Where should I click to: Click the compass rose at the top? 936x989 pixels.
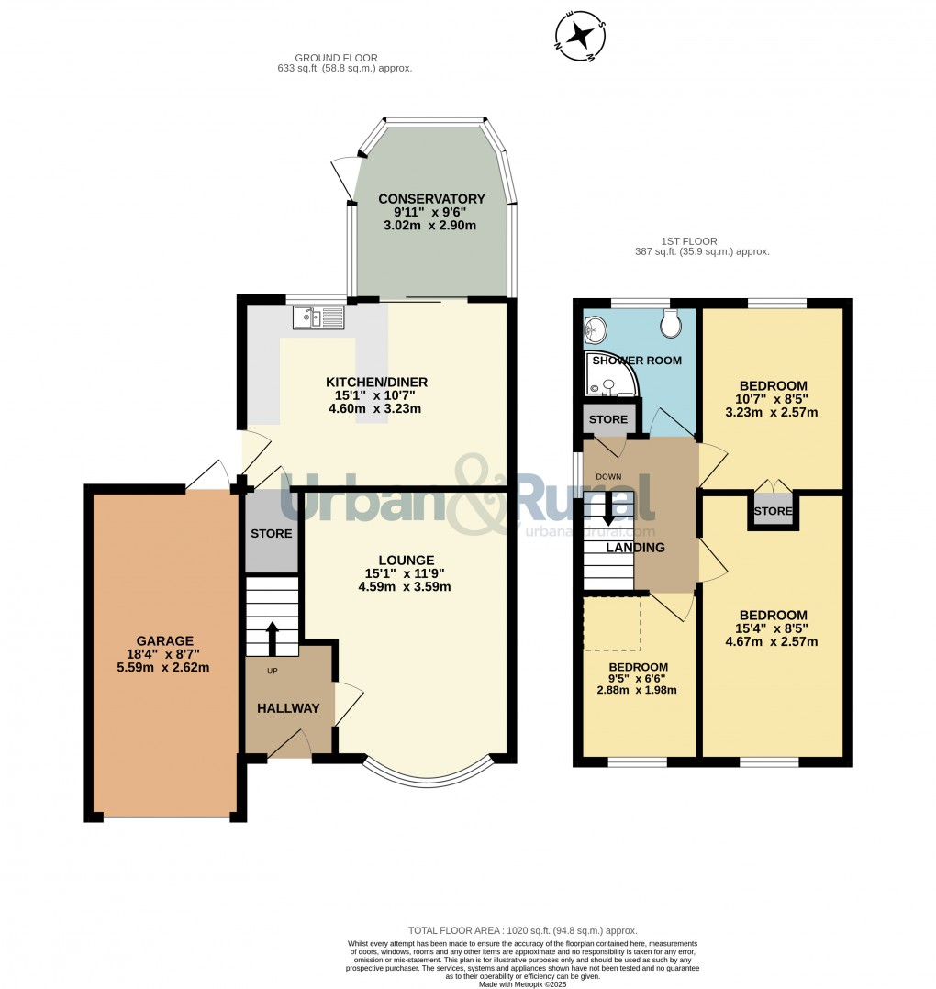click(580, 35)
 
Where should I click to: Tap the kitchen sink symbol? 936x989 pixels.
click(318, 317)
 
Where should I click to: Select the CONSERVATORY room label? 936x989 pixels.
click(431, 199)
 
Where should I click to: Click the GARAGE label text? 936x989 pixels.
click(165, 640)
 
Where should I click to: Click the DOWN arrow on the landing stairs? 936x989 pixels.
click(608, 516)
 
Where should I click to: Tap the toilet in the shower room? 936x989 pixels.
click(671, 322)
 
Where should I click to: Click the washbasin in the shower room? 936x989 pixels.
click(596, 326)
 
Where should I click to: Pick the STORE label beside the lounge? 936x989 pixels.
click(272, 533)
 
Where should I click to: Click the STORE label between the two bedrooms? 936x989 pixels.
click(773, 511)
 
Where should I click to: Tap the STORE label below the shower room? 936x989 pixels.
click(607, 419)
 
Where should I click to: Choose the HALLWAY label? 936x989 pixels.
click(288, 708)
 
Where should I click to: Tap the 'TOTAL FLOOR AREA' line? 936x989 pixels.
click(522, 930)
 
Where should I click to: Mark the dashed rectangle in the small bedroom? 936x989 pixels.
click(612, 624)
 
